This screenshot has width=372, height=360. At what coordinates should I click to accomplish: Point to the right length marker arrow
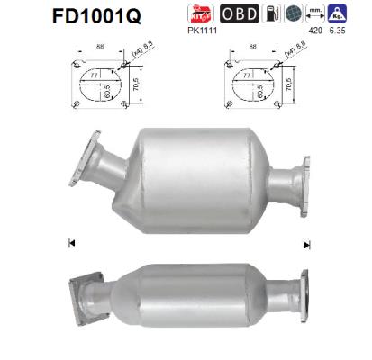[x=307, y=244]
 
